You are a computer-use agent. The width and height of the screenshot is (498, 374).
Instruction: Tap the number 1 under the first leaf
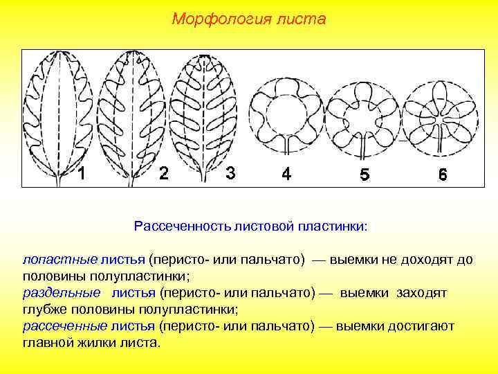(82, 174)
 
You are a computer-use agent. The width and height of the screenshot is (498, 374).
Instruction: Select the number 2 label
(163, 173)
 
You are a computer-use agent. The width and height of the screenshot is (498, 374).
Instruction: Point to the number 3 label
(231, 173)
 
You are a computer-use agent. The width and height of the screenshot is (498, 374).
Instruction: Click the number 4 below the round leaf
(286, 174)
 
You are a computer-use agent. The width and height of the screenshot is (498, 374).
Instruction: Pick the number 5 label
(364, 175)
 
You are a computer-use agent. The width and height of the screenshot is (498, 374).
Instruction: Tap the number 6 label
(442, 175)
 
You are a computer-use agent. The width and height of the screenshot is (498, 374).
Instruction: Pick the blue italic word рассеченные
(55, 326)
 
